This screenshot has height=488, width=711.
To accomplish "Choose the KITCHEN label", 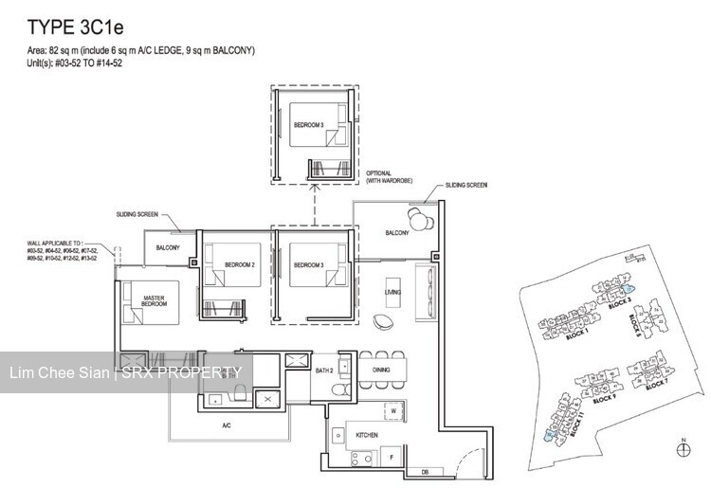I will (x=368, y=435).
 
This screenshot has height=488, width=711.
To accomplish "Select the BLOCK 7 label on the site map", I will (x=658, y=383).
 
